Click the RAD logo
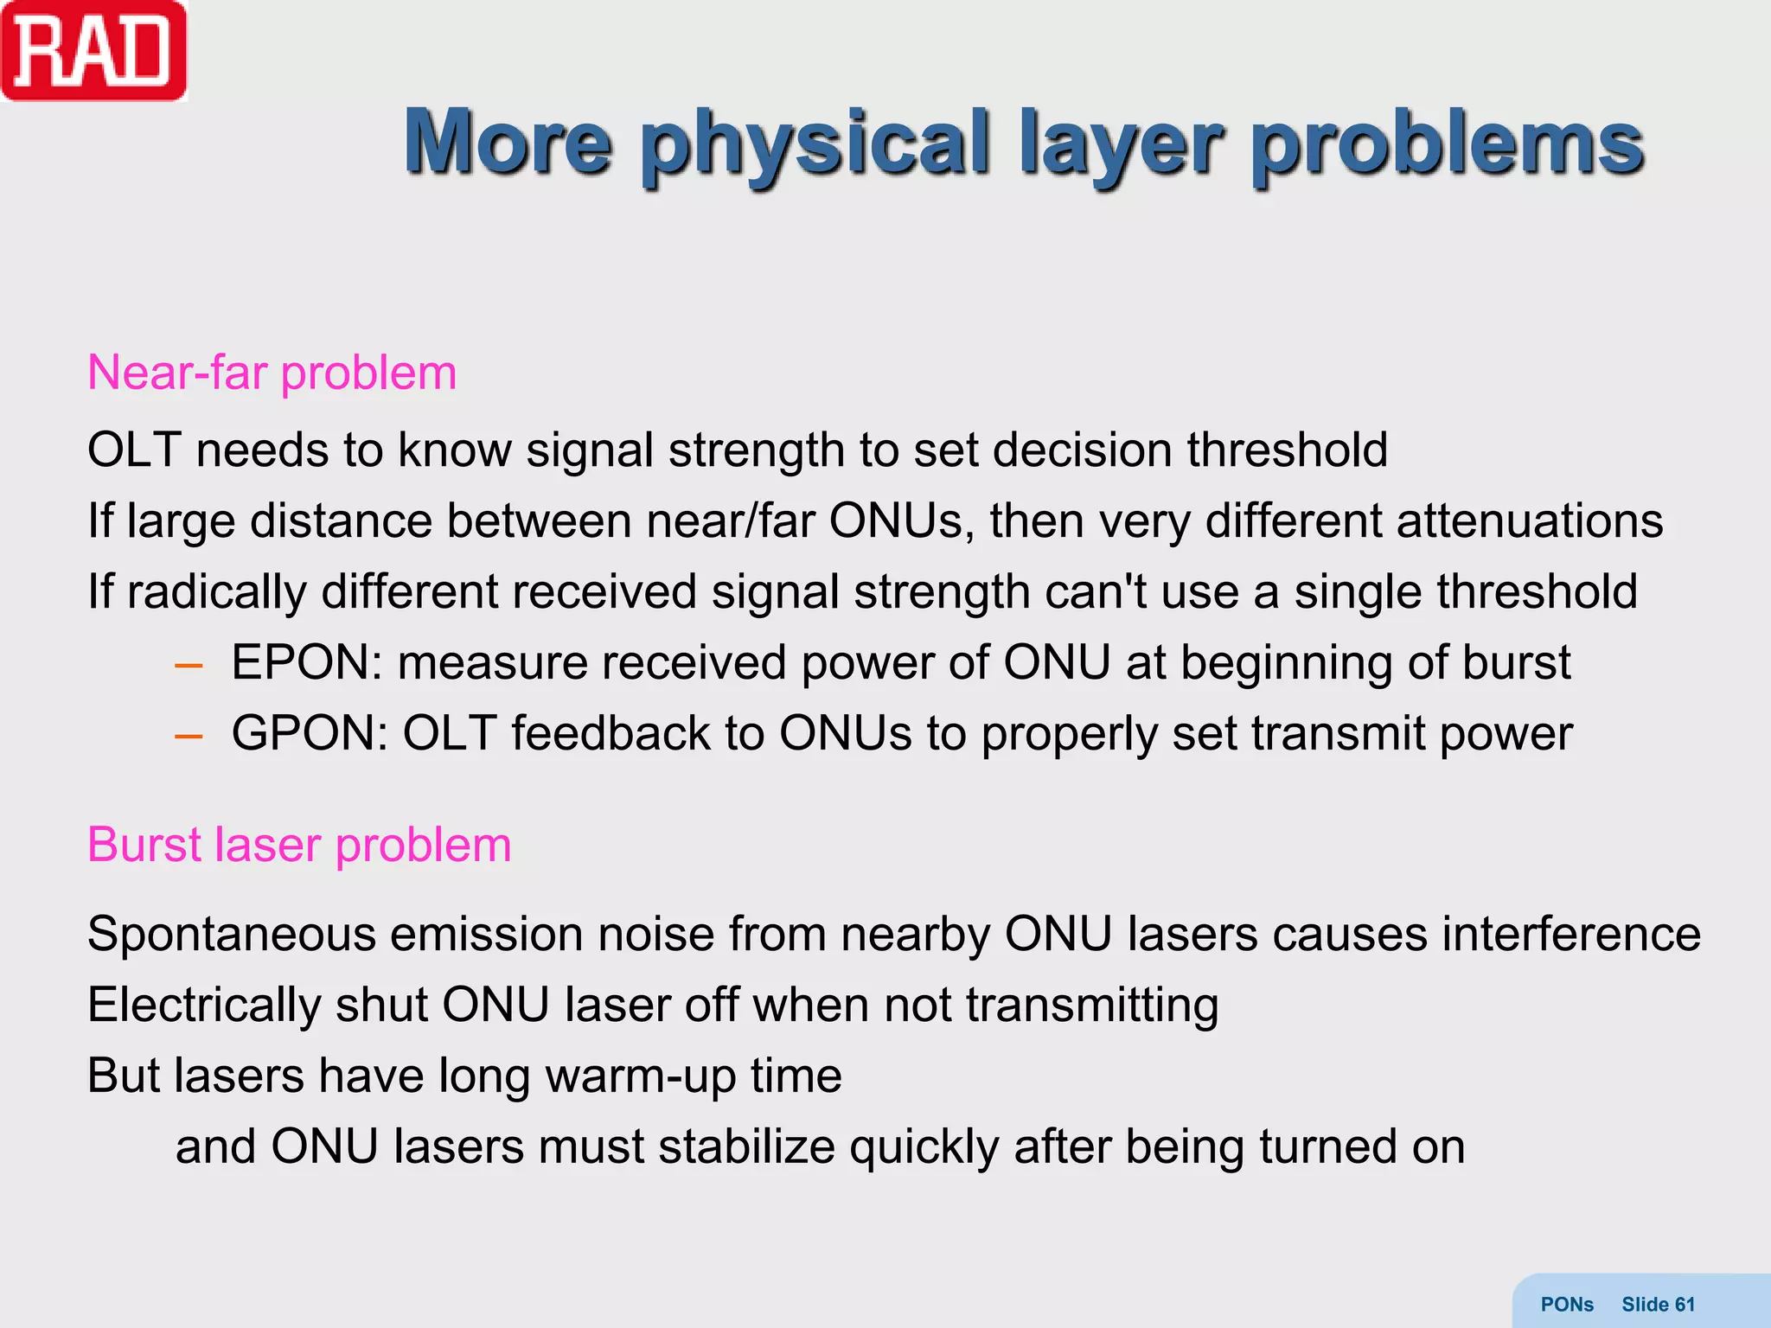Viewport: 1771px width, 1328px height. point(93,52)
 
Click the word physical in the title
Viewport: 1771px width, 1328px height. point(815,143)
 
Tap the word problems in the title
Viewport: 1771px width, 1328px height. point(1448,143)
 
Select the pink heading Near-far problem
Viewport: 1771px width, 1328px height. point(272,373)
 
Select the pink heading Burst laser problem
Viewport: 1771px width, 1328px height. point(299,845)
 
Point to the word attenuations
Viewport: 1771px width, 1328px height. point(1529,521)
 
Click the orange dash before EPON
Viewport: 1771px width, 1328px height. point(189,666)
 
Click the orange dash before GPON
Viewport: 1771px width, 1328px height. point(189,737)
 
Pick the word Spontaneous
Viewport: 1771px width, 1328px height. point(232,935)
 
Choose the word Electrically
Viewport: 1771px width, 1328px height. point(203,1006)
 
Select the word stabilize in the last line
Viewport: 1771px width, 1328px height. point(746,1147)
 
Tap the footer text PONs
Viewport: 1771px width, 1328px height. point(1567,1305)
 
